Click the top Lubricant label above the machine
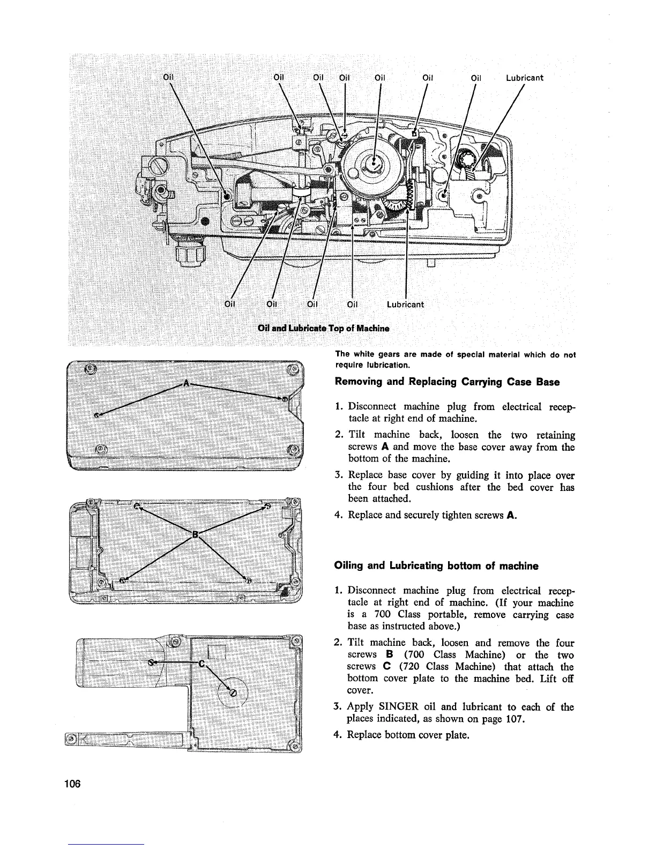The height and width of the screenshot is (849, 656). [x=525, y=78]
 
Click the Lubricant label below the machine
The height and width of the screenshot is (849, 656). [x=405, y=304]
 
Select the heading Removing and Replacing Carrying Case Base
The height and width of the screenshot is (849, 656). [x=447, y=382]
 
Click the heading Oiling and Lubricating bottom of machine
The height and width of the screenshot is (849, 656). [x=436, y=566]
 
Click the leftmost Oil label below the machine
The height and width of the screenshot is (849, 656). [x=230, y=304]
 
